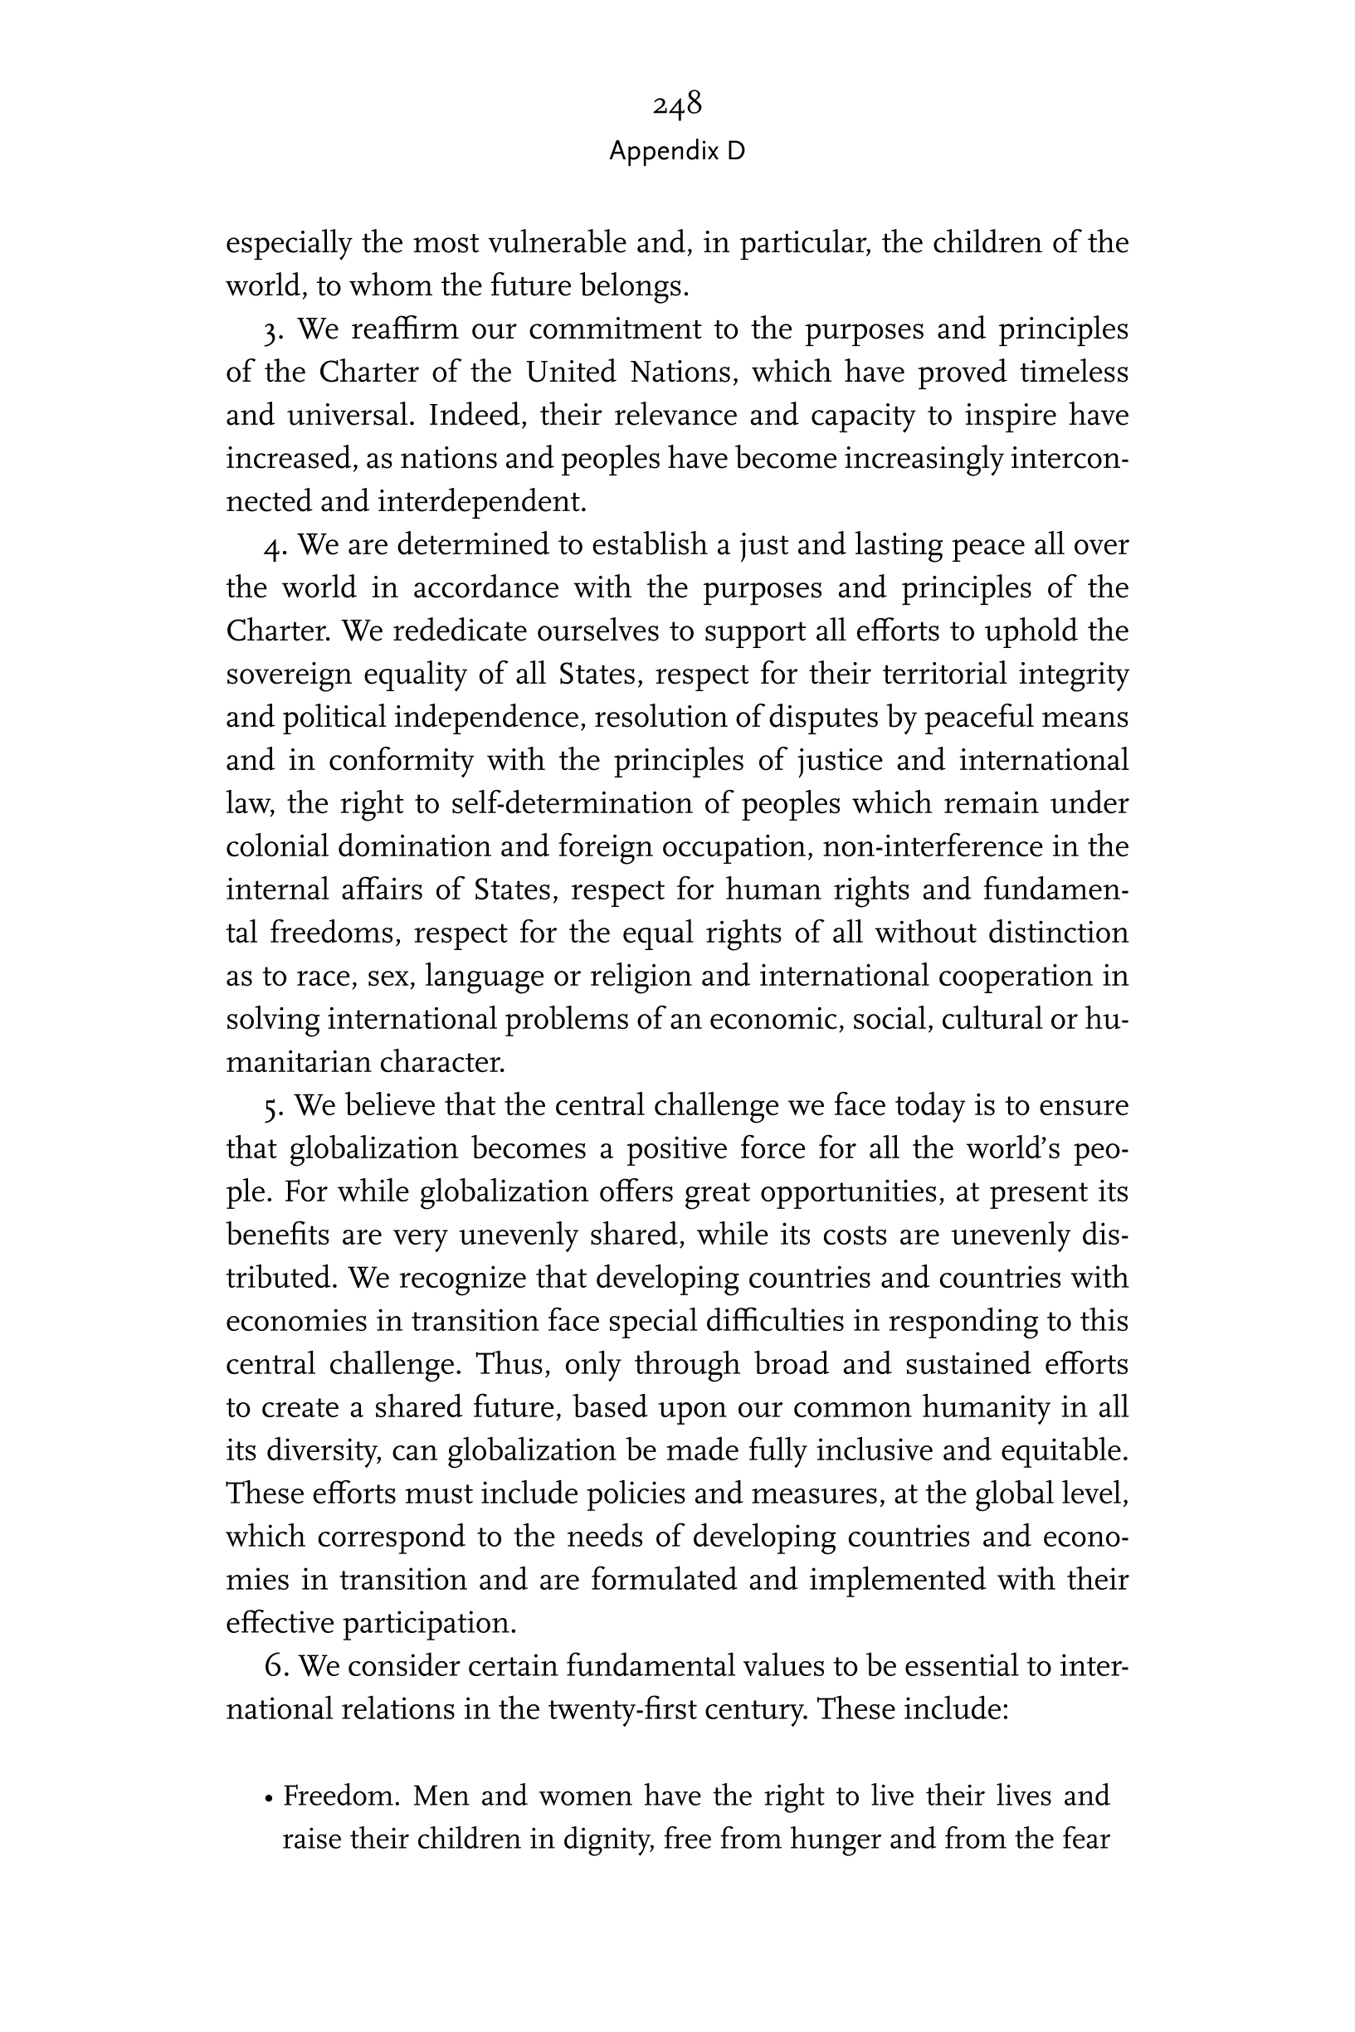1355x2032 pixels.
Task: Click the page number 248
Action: pyautogui.click(x=676, y=105)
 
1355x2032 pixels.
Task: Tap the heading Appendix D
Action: pyautogui.click(x=676, y=151)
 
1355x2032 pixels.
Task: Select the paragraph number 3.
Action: pyautogui.click(x=273, y=331)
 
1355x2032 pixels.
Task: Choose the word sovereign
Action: pyautogui.click(x=289, y=675)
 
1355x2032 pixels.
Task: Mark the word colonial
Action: pyautogui.click(x=276, y=846)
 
